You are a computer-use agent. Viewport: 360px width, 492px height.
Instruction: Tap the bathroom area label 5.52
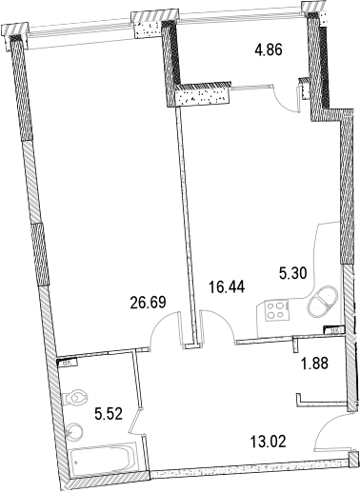(x=110, y=414)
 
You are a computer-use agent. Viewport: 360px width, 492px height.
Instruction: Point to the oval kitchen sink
(x=320, y=300)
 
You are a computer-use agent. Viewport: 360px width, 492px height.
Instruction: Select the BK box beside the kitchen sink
(x=332, y=330)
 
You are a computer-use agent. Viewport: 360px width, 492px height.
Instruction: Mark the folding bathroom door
(x=135, y=420)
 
